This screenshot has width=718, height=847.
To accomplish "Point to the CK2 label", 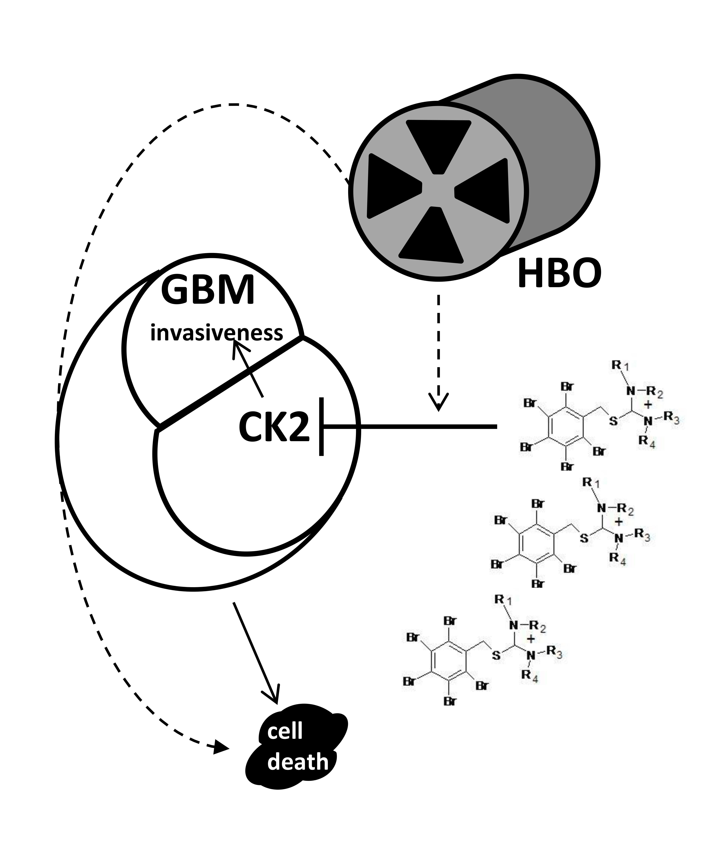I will coord(274,428).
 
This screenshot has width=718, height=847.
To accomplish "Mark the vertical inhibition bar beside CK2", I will coord(322,426).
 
